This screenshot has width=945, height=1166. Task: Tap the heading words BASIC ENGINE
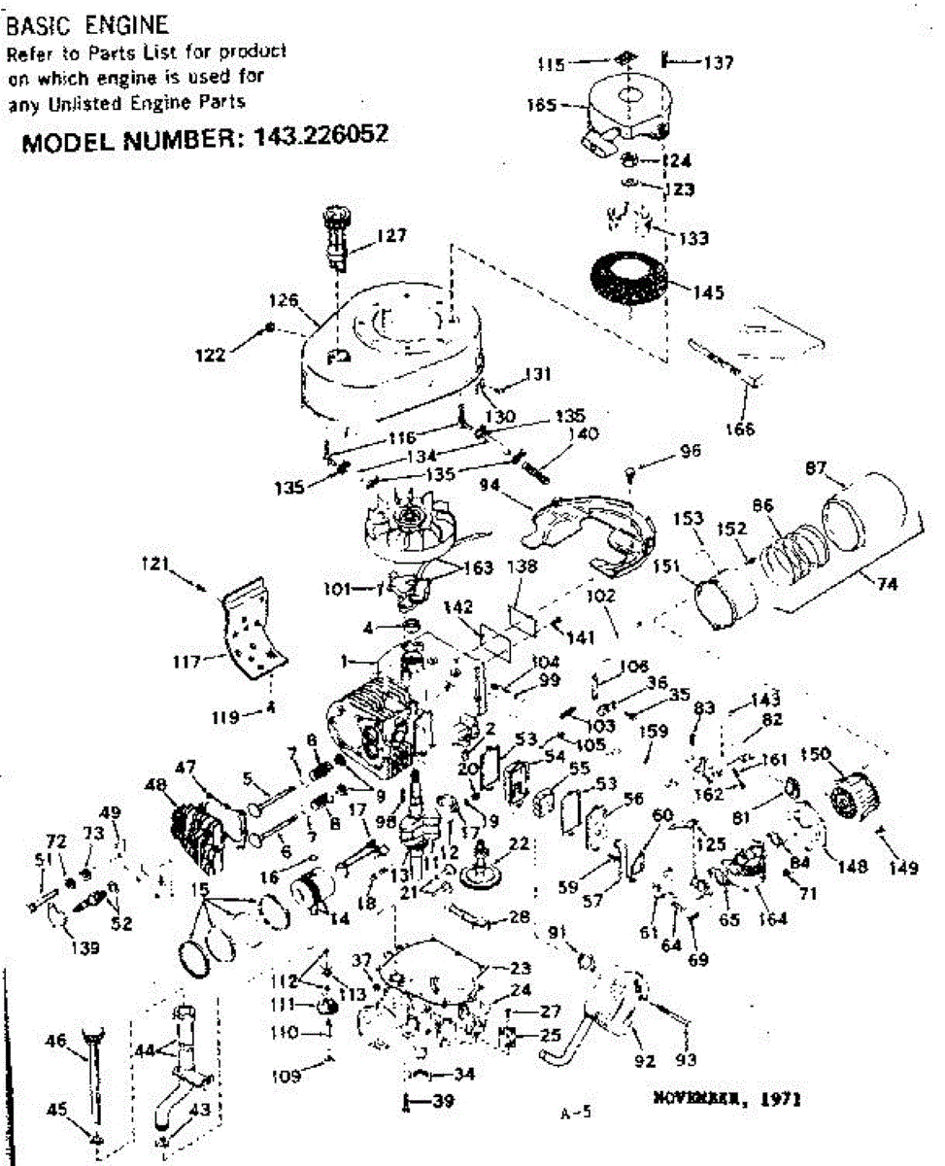click(87, 24)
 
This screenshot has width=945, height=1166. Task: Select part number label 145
click(708, 291)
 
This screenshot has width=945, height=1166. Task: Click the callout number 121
click(157, 562)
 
